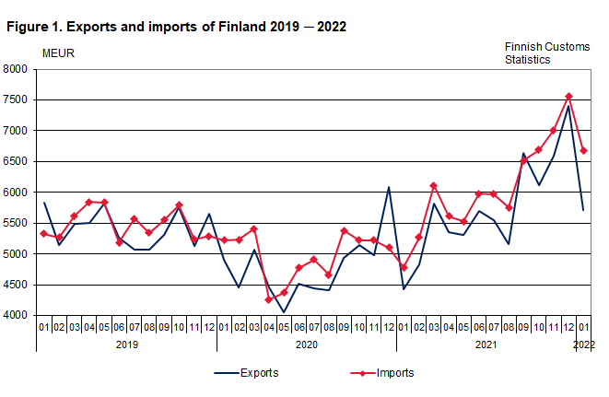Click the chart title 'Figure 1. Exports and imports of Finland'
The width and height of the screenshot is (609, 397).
[x=176, y=27]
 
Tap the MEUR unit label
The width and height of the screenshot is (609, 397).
[x=58, y=53]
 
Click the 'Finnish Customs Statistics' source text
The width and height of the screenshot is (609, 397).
[x=539, y=53]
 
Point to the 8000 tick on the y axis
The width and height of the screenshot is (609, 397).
[x=16, y=69]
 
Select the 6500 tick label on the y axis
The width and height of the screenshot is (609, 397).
[x=16, y=161]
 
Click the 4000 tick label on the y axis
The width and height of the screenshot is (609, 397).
[x=16, y=316]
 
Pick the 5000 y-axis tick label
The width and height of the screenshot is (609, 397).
[x=16, y=254]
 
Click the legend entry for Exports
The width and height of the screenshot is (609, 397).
[x=245, y=373]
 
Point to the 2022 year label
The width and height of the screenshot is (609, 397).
[x=583, y=344]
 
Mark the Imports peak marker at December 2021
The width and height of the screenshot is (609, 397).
[x=568, y=96]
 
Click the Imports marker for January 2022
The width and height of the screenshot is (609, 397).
[x=583, y=151]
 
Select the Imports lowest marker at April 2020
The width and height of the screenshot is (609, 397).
[x=268, y=300]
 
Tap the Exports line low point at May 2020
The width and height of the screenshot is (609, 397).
[x=283, y=312]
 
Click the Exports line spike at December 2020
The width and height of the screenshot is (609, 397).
[x=388, y=187]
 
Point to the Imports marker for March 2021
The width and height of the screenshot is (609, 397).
[x=433, y=186]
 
